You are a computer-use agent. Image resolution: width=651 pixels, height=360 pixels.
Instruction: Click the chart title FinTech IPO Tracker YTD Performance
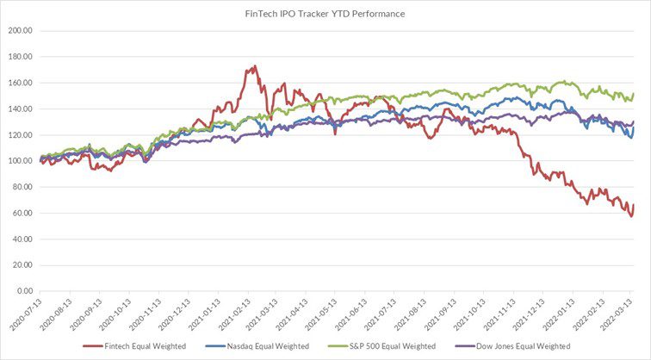(x=325, y=14)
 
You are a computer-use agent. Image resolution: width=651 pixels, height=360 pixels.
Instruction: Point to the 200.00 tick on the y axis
(x=20, y=30)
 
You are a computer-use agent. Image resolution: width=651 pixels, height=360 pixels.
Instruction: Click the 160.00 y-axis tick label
(x=20, y=83)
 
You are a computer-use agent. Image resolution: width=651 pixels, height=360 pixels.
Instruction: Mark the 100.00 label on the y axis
(x=20, y=161)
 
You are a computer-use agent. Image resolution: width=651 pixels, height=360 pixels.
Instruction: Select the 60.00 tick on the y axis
(x=22, y=213)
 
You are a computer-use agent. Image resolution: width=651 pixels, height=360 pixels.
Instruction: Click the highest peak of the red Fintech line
(x=254, y=66)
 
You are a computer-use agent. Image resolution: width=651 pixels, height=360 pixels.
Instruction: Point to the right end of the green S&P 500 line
(x=635, y=94)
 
